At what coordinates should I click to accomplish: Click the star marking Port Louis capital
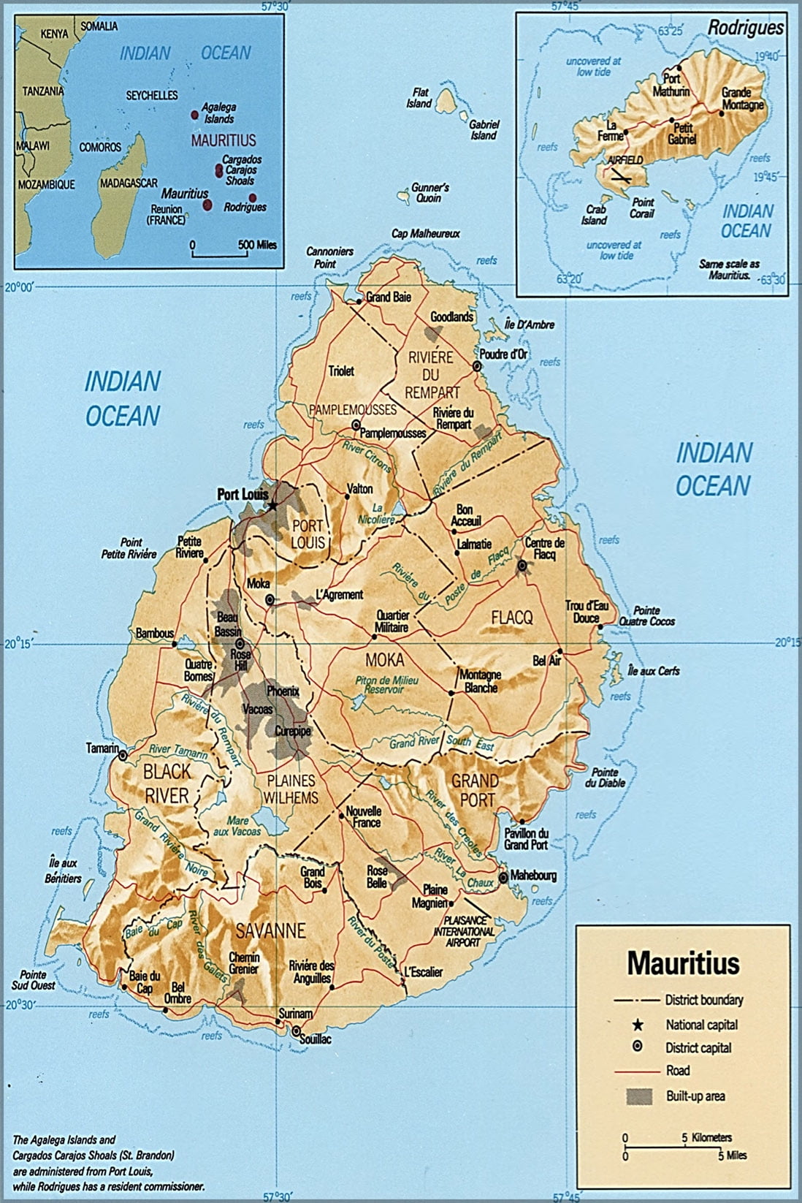[x=272, y=505]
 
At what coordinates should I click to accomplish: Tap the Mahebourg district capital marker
[x=503, y=876]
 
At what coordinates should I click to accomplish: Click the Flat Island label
[x=419, y=99]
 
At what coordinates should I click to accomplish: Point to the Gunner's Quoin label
[x=430, y=193]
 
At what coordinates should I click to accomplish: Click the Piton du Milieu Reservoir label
[x=376, y=685]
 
